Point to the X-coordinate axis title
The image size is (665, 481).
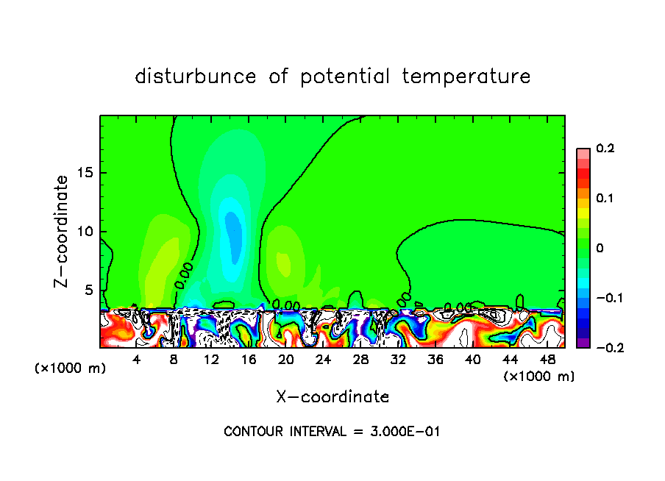click(x=332, y=397)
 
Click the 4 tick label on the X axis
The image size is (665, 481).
click(x=137, y=360)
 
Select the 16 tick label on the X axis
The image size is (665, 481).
click(x=249, y=360)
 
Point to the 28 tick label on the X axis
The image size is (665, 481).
click(x=360, y=360)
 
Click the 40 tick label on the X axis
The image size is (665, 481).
click(x=472, y=360)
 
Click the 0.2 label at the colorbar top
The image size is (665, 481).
click(x=605, y=149)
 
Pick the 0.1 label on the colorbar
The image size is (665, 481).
click(x=605, y=199)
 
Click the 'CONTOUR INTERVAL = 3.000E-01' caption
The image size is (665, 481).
click(x=332, y=432)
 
